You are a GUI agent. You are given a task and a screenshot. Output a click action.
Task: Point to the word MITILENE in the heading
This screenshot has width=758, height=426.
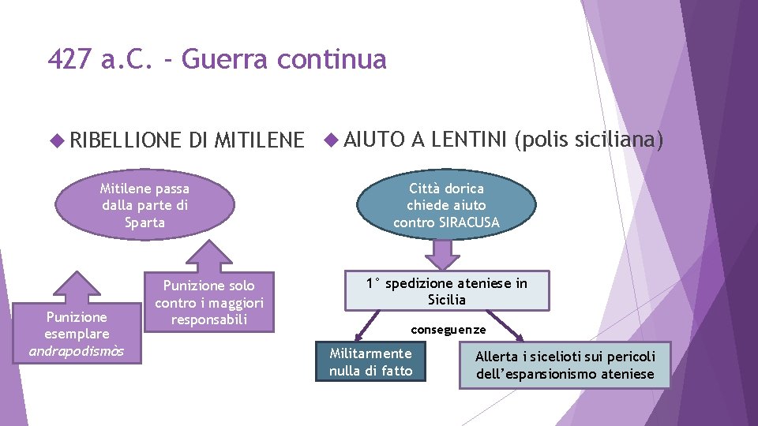[x=258, y=140]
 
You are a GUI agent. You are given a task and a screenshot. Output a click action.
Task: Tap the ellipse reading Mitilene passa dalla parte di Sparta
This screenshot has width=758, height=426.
[x=144, y=205]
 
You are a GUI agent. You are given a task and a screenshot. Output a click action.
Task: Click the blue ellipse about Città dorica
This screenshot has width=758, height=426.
[x=446, y=205]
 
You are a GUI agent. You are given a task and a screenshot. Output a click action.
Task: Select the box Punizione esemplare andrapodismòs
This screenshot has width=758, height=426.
[x=77, y=334]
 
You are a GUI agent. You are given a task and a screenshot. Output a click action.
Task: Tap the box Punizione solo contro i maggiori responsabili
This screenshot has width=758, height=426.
[x=208, y=302]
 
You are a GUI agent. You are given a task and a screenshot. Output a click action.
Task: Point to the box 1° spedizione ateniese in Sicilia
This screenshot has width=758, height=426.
[x=446, y=291]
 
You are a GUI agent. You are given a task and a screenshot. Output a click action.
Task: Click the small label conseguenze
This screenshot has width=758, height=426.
[x=448, y=329]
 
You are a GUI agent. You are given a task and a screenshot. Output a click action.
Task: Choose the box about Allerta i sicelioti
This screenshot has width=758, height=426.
[x=565, y=365]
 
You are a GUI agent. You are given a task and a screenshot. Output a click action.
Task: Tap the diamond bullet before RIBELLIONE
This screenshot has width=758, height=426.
[x=55, y=141]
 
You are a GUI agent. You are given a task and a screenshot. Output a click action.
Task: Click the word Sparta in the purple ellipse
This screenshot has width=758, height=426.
[x=144, y=222]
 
